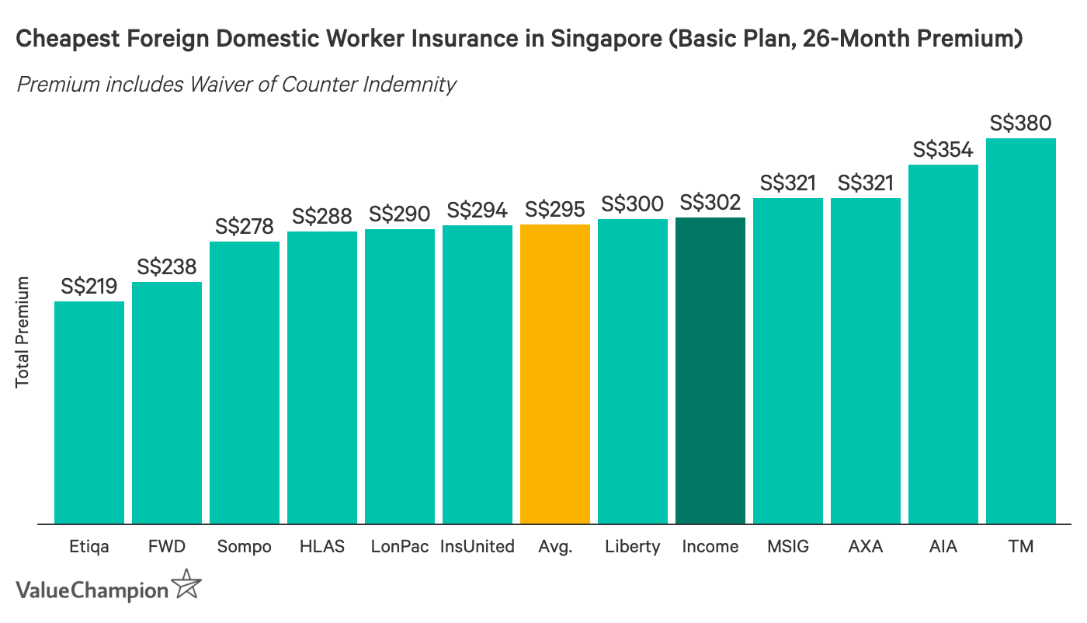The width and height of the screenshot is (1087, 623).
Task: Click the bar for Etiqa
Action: coord(89,412)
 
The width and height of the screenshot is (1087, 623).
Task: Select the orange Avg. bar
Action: coord(555,374)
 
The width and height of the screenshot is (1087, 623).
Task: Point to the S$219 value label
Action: coord(89,287)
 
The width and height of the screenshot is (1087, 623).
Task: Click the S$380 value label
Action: coord(1021,124)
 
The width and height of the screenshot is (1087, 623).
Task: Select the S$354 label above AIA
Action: coord(943,150)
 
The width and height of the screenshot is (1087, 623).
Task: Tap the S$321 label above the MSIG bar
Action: coord(788,183)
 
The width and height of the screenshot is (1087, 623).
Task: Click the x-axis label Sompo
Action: coord(245,547)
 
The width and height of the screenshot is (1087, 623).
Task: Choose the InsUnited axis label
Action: coord(478,547)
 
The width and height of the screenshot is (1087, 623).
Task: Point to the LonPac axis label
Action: coord(400,547)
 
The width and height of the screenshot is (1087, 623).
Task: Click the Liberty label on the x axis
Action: coord(633,547)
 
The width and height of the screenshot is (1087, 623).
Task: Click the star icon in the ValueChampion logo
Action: coord(186,583)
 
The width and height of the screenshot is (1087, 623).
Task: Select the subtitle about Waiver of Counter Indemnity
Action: coord(236,84)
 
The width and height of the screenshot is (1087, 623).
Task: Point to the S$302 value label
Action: coord(710,203)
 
